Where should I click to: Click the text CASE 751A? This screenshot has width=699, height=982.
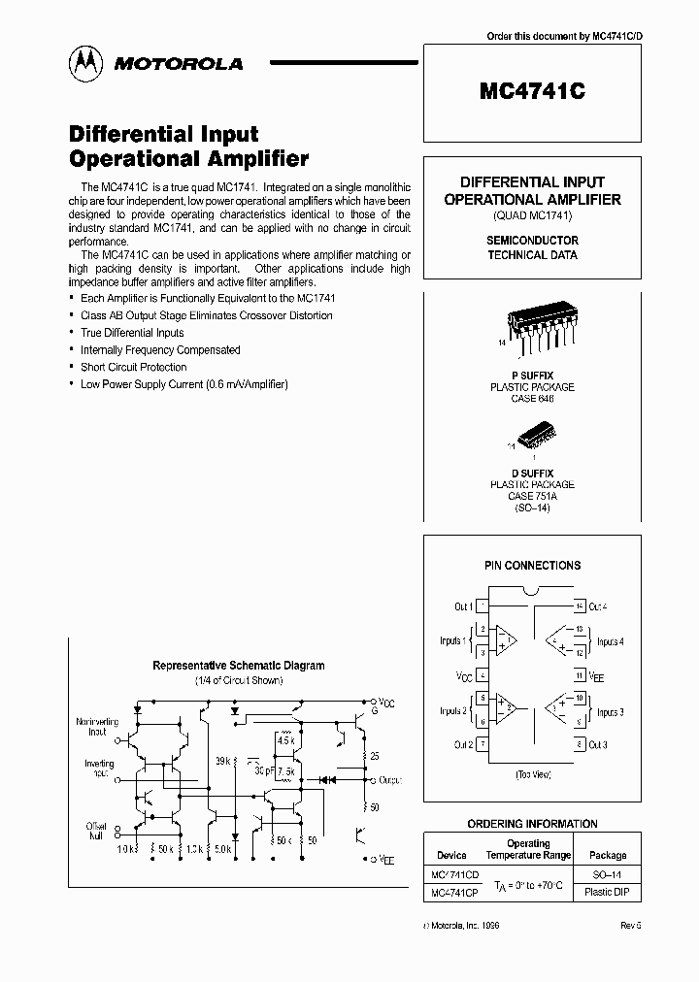(x=531, y=495)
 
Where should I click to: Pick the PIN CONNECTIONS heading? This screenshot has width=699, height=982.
(x=532, y=565)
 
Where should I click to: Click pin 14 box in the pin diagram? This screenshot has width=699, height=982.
(x=579, y=606)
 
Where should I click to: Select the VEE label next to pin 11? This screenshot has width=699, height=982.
(x=597, y=676)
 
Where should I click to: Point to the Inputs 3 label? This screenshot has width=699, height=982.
(x=610, y=712)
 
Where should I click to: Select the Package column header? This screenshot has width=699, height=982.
(x=609, y=856)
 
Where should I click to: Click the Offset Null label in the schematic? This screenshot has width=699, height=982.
(x=97, y=832)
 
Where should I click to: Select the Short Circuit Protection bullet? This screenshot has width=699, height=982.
(x=134, y=367)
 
